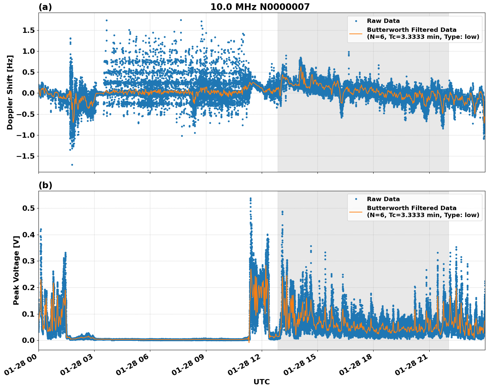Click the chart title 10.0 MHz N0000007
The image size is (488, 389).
[x=260, y=7]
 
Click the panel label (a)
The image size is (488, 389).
[x=45, y=7]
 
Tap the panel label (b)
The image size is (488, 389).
[x=45, y=185]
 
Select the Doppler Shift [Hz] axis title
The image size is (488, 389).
[x=10, y=92]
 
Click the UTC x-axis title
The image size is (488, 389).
[x=261, y=382]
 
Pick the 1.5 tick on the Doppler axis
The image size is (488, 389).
[x=28, y=31]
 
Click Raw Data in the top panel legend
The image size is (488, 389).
[x=383, y=21]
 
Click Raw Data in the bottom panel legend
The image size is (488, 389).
[x=383, y=199]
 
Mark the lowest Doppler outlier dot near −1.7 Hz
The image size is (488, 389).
[x=72, y=165]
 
